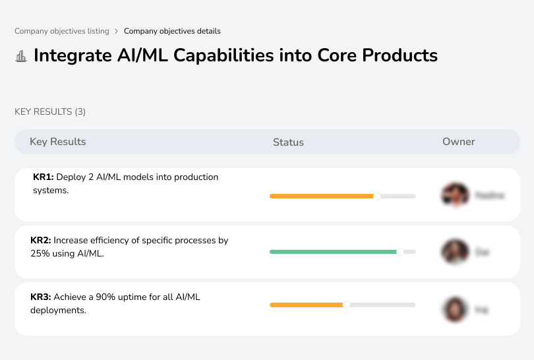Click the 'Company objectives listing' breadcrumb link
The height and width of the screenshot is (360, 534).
click(x=62, y=31)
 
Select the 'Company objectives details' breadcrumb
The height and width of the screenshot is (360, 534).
click(x=172, y=31)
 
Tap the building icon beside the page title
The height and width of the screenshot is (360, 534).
click(x=21, y=56)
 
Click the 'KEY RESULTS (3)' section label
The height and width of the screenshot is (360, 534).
click(x=50, y=112)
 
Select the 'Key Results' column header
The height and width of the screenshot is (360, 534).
click(x=58, y=142)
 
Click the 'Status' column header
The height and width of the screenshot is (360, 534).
click(x=288, y=142)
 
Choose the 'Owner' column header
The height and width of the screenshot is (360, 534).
click(x=459, y=142)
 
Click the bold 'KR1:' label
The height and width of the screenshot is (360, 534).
click(x=44, y=177)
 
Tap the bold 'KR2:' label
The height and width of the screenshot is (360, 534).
click(x=41, y=240)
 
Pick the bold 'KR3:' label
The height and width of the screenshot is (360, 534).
click(x=41, y=297)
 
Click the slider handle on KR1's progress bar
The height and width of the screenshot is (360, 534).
click(x=377, y=196)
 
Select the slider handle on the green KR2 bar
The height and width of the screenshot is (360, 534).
click(x=400, y=251)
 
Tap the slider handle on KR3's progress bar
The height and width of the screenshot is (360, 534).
click(x=346, y=305)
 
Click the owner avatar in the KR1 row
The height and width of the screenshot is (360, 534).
click(x=455, y=195)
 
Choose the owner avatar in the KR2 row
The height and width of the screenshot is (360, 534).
click(x=455, y=252)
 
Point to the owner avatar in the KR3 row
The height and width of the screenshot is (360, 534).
click(x=455, y=309)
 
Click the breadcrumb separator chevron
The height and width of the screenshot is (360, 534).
click(x=116, y=31)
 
